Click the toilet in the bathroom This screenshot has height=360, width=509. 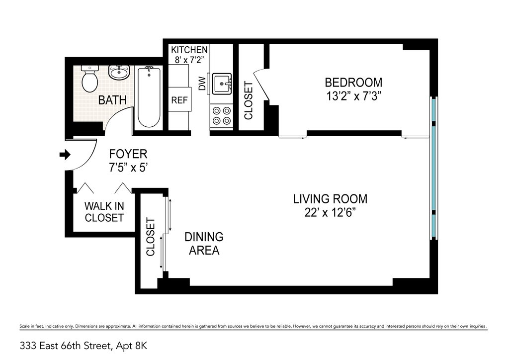pyautogui.click(x=89, y=79)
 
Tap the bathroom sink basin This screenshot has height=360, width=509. pyautogui.click(x=119, y=73)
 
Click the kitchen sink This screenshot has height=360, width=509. pyautogui.click(x=222, y=84)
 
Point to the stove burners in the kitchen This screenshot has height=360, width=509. pyautogui.click(x=221, y=115)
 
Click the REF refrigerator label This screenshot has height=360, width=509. pyautogui.click(x=179, y=100)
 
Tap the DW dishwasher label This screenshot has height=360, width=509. pyautogui.click(x=202, y=84)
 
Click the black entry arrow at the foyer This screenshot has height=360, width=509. pyautogui.click(x=65, y=155)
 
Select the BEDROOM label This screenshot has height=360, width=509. pyautogui.click(x=353, y=83)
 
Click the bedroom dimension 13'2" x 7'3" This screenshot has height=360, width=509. pyautogui.click(x=353, y=96)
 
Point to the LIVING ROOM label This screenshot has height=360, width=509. pyautogui.click(x=330, y=199)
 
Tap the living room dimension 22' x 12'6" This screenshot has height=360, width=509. pyautogui.click(x=330, y=213)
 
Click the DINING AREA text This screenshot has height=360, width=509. pyautogui.click(x=204, y=244)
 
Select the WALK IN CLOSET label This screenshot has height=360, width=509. pyautogui.click(x=104, y=212)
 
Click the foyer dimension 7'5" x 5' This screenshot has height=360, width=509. pyautogui.click(x=128, y=168)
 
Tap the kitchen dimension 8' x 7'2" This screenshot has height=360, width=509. pyautogui.click(x=189, y=60)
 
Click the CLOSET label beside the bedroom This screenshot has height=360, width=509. pyautogui.click(x=249, y=100)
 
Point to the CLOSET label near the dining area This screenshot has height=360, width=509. pyautogui.click(x=151, y=237)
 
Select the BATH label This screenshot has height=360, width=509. pyautogui.click(x=112, y=100)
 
